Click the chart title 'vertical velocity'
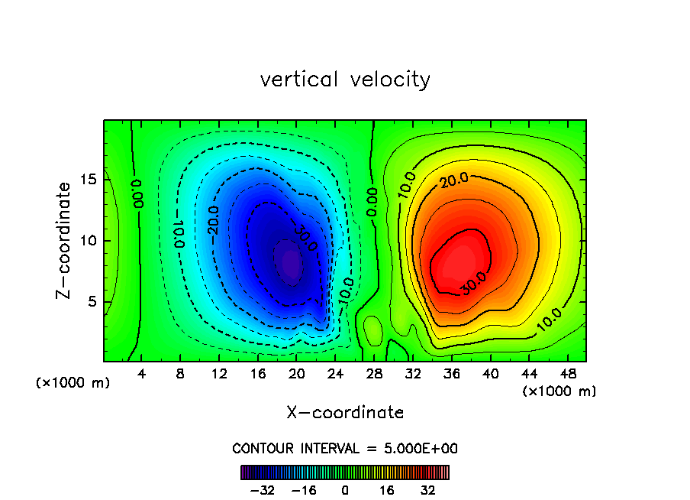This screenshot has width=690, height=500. (345, 80)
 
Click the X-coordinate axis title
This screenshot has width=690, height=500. (345, 413)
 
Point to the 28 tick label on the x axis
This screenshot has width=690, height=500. (373, 374)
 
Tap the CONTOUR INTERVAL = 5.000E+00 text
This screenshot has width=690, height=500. (345, 448)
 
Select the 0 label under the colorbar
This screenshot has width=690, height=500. (345, 490)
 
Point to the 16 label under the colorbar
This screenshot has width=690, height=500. (387, 490)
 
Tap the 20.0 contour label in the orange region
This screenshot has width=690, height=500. (453, 181)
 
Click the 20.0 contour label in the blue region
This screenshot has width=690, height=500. (214, 220)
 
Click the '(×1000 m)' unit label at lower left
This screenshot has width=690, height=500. (73, 383)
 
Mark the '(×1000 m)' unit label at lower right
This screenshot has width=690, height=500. (559, 391)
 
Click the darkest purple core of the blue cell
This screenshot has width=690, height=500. (291, 263)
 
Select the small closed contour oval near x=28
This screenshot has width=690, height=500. (372, 330)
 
